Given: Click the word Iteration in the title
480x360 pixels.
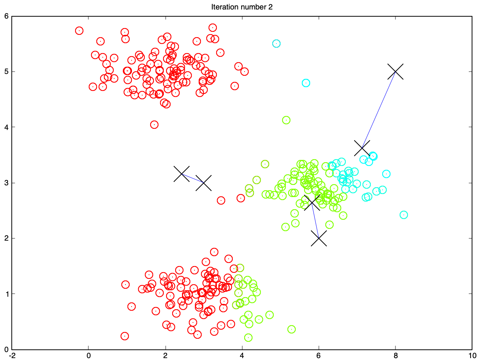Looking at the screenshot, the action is (x=223, y=7).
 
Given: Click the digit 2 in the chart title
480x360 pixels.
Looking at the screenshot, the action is (x=270, y=7).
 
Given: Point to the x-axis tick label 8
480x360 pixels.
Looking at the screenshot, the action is (x=395, y=355).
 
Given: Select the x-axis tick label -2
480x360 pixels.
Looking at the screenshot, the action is (x=12, y=355).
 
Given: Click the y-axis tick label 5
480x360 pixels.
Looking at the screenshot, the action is (x=6, y=72).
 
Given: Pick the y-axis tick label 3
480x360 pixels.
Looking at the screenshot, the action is (x=6, y=183).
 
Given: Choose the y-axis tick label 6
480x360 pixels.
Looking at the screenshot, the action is (x=6, y=16).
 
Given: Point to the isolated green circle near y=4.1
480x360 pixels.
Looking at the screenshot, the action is (x=286, y=116).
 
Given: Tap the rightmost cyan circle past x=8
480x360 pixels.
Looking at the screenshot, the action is (x=404, y=211).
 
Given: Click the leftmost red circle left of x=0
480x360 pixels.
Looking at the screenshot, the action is (x=79, y=27).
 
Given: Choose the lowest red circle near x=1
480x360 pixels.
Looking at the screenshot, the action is (x=125, y=332).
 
